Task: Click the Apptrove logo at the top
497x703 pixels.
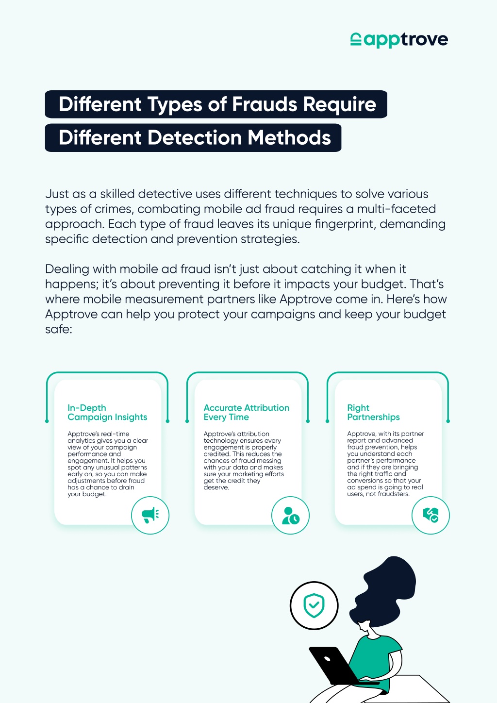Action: [399, 40]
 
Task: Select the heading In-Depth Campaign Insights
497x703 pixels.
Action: [107, 412]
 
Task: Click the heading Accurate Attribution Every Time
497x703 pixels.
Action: [246, 412]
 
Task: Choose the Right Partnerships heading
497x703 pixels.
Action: [373, 412]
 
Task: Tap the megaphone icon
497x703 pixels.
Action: [150, 515]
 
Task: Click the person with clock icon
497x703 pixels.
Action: [291, 515]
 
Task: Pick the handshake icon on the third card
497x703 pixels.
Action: [431, 515]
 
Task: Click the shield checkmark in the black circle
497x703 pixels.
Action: [314, 605]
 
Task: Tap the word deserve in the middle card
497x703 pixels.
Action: [216, 487]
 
